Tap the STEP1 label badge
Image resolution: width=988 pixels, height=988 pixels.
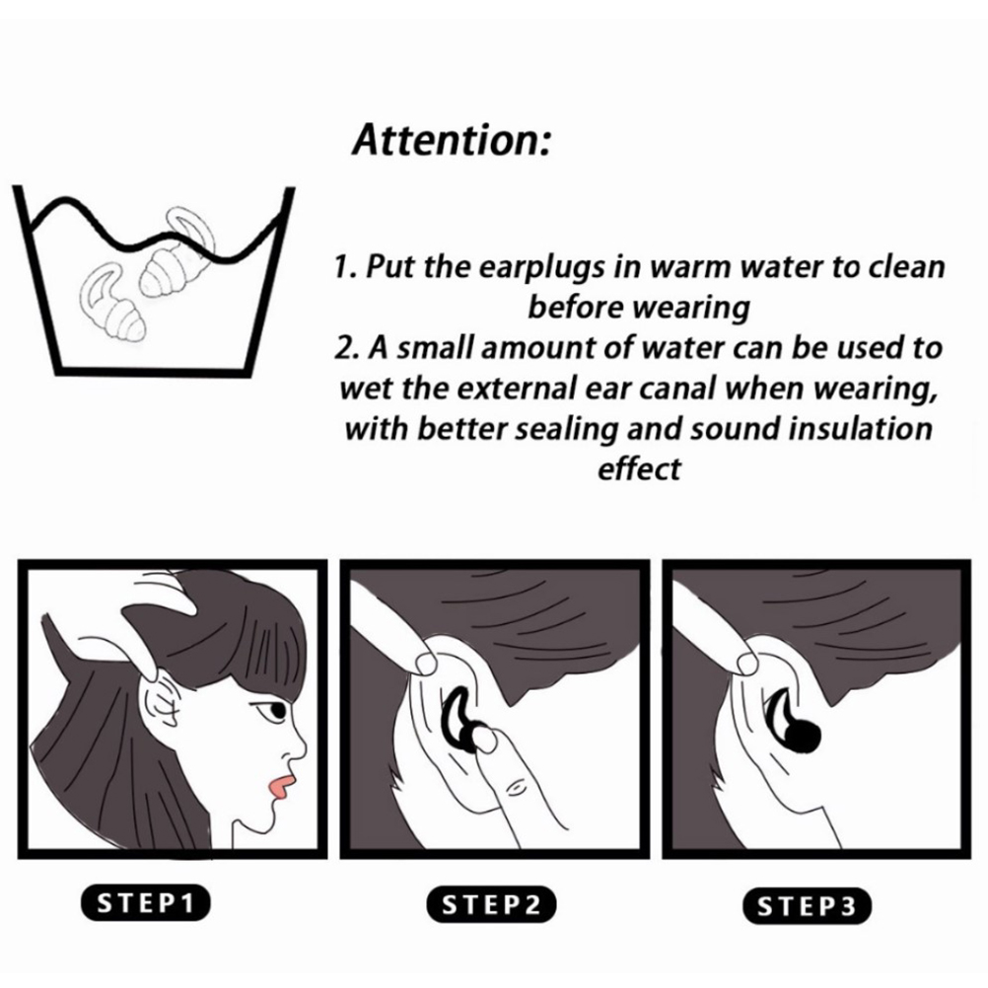click(145, 903)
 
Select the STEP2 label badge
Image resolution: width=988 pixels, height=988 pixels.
click(491, 905)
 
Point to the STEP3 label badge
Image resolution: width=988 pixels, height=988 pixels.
click(807, 906)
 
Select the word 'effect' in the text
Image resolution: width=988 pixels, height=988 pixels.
click(639, 468)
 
